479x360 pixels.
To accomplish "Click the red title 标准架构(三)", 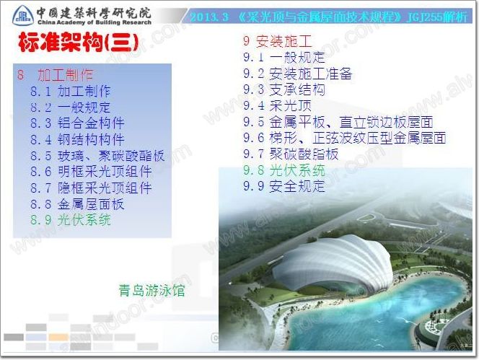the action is (78, 43).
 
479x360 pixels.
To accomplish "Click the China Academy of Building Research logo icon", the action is (23, 15).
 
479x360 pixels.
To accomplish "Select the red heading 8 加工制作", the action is (55, 74).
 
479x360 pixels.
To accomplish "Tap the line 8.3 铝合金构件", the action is (77, 123).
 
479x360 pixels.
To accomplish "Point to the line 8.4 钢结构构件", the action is (77, 139).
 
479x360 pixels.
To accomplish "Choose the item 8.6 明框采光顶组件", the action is (91, 172).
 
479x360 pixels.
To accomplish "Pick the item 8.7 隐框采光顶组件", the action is (91, 188).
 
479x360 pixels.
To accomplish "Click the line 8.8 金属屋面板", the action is (77, 204).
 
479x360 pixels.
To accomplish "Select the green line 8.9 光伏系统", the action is (71, 220).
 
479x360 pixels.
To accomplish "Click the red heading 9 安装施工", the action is (278, 41).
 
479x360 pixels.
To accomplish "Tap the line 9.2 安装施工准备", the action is (297, 74).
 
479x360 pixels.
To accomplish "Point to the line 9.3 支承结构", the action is (284, 89).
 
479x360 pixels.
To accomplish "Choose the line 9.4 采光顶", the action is (278, 105).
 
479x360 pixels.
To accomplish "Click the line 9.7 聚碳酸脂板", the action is (291, 154).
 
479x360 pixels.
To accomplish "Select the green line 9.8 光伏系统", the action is (284, 170).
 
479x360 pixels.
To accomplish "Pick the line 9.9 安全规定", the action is (284, 186).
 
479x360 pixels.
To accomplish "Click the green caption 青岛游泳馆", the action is (151, 290).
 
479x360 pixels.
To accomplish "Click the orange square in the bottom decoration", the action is (58, 337).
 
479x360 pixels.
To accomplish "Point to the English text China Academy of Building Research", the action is (95, 22).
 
